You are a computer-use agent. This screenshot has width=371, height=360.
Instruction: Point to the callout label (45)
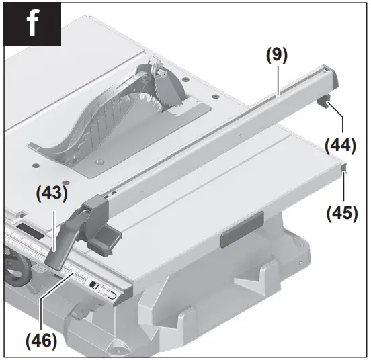(342, 214)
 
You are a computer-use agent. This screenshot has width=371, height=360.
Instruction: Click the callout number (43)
(51, 194)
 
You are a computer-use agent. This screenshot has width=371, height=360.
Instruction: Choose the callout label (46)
(42, 340)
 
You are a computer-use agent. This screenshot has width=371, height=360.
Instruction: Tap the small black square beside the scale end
(94, 285)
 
